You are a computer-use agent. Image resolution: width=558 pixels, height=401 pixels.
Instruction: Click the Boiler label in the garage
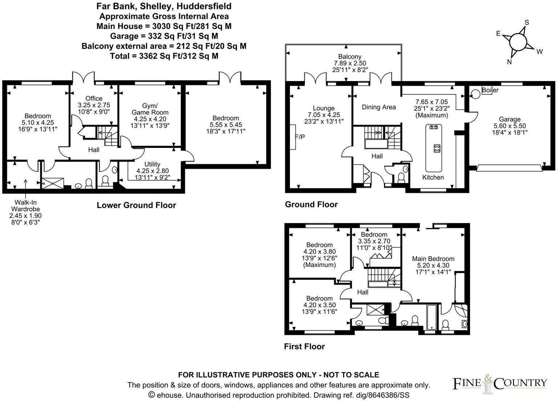point(490,90)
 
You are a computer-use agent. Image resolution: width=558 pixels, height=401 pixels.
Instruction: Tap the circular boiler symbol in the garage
point(475,94)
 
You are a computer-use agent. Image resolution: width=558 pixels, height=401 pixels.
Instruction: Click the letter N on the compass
point(509,62)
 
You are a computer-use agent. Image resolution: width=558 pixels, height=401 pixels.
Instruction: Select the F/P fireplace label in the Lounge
point(300,137)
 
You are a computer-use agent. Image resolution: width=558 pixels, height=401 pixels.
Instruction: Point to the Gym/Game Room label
point(150,109)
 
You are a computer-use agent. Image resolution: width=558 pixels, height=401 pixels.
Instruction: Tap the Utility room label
point(152,164)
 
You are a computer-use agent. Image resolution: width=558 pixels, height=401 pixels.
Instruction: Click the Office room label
point(94,98)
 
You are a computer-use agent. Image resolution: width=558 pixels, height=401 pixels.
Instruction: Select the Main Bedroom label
point(433,259)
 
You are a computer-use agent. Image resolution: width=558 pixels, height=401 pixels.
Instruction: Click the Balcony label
point(350,57)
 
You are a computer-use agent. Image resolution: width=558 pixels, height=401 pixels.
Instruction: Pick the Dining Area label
point(379,107)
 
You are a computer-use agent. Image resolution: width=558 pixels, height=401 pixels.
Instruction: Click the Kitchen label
point(433,177)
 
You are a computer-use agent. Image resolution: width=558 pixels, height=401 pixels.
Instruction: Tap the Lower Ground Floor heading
point(136,205)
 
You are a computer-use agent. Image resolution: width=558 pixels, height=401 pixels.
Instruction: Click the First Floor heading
point(304,347)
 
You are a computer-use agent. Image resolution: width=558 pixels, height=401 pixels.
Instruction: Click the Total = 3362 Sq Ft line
point(164,56)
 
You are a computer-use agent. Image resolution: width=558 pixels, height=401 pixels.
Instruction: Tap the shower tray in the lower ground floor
point(53,183)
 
